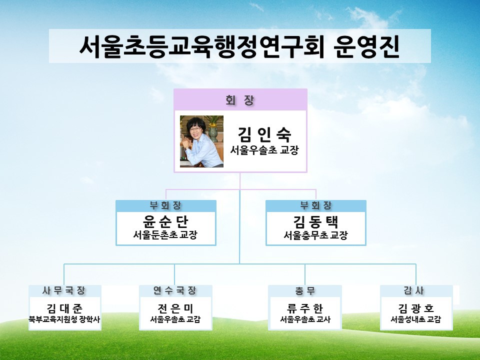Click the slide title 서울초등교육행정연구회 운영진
(x=239, y=46)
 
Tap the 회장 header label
(x=240, y=100)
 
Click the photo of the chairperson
(x=201, y=141)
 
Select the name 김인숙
(x=264, y=134)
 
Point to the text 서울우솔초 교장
(x=264, y=150)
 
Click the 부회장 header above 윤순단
(x=165, y=205)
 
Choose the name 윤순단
(x=165, y=221)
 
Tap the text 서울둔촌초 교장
(x=165, y=235)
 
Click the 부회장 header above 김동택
(x=316, y=205)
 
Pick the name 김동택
(x=316, y=221)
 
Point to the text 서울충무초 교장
(x=315, y=235)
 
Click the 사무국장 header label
(x=64, y=290)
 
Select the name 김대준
(x=64, y=308)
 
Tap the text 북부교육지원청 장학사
(x=64, y=319)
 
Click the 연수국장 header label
(x=175, y=290)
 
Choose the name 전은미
(x=175, y=308)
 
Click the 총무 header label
(x=305, y=290)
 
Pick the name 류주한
(x=305, y=308)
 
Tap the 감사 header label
(x=414, y=290)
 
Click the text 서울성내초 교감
(x=415, y=319)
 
